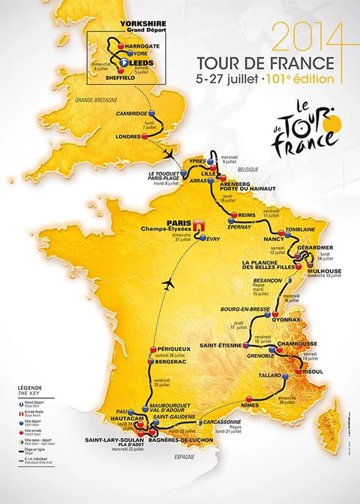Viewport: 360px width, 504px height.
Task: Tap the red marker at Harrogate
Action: pyautogui.click(x=121, y=46)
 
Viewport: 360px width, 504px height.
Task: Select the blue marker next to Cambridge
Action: pyautogui.click(x=151, y=113)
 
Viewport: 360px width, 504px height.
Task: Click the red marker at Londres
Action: pyautogui.click(x=144, y=136)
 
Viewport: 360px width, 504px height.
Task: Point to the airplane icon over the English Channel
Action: pyautogui.click(x=169, y=155)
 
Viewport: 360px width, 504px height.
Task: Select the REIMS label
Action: pyautogui.click(x=247, y=215)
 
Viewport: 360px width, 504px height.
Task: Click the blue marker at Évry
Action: pyautogui.click(x=203, y=237)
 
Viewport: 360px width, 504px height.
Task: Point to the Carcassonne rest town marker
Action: pyautogui.click(x=199, y=422)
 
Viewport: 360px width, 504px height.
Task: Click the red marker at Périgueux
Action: pyautogui.click(x=153, y=349)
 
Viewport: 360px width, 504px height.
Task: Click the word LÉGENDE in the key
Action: pyautogui.click(x=30, y=388)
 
